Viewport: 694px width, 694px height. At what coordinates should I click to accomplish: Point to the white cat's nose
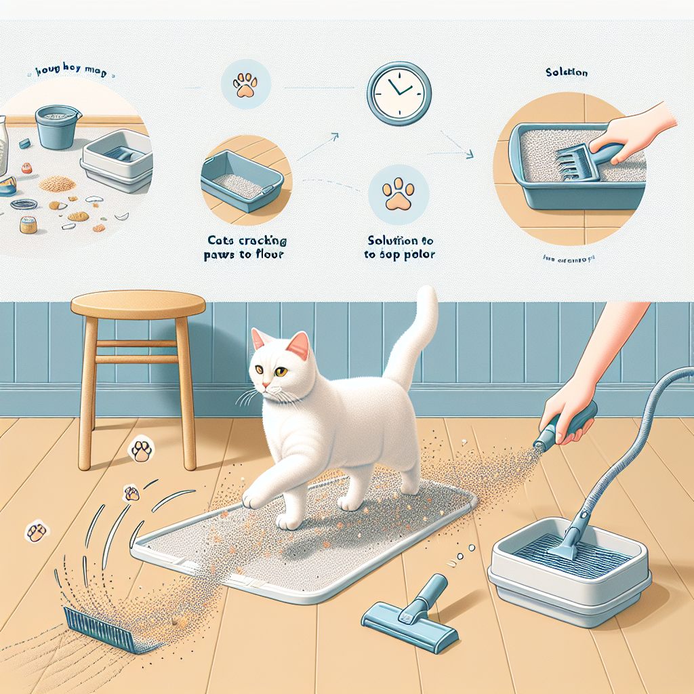pos(266,386)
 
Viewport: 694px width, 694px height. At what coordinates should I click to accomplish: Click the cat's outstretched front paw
pos(252,499)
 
